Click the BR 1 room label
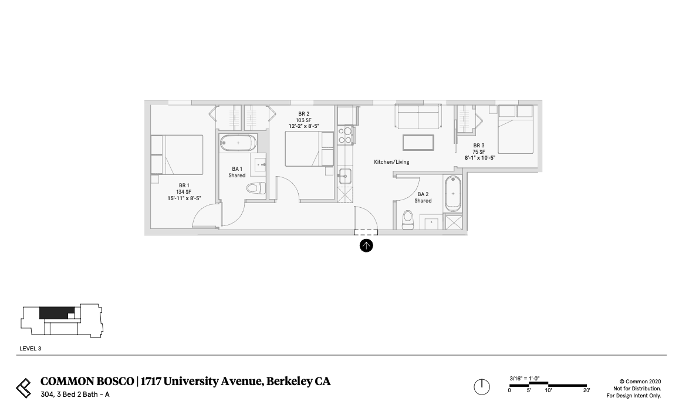(x=184, y=186)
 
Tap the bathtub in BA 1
(x=238, y=143)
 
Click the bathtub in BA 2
(x=453, y=193)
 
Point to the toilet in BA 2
(x=408, y=220)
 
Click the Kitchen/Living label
(x=391, y=162)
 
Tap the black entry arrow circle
(x=366, y=246)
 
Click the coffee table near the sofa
(x=418, y=143)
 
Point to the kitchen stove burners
(x=344, y=136)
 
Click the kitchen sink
(x=344, y=174)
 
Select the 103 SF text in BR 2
(x=303, y=120)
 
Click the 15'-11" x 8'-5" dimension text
(x=184, y=198)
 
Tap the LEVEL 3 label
(x=30, y=349)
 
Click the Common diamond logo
(x=23, y=387)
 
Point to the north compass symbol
(x=481, y=387)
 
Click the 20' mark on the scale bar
(x=586, y=390)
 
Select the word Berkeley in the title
(x=290, y=382)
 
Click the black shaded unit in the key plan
(x=56, y=312)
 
